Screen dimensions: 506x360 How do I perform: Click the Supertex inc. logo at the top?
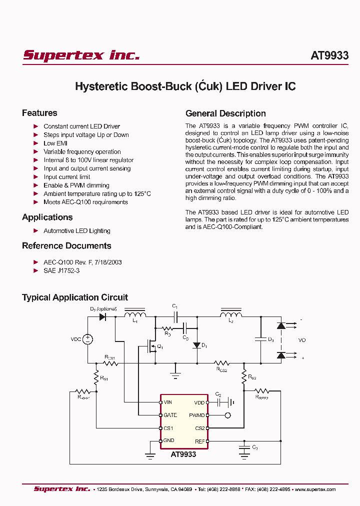coord(81,55)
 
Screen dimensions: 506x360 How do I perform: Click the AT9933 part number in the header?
coord(329,55)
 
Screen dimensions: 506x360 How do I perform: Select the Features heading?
coord(39,113)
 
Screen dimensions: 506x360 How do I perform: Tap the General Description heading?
coord(225,113)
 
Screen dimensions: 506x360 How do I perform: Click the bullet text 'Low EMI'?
coord(55,143)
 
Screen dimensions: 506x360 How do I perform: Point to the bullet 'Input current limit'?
coord(66,177)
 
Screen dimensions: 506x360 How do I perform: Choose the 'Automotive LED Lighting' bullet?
coord(76,231)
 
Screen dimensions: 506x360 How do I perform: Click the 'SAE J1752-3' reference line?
coord(61,270)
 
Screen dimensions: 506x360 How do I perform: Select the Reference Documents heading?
coord(66,246)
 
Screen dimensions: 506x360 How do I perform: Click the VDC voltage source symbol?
coord(87,339)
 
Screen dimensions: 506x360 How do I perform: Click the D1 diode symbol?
coord(197,345)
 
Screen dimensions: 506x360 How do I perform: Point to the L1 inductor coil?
coord(135,315)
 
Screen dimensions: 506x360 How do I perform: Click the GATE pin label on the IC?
coord(170,415)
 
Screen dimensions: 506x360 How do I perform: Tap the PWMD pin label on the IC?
coord(197,415)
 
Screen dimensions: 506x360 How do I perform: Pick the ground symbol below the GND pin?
coord(149,455)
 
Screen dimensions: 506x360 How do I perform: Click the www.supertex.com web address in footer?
coord(315,489)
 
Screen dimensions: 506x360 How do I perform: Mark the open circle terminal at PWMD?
coord(228,415)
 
